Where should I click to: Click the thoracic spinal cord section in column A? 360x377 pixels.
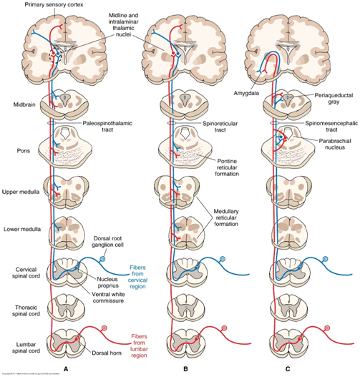(65, 308)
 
